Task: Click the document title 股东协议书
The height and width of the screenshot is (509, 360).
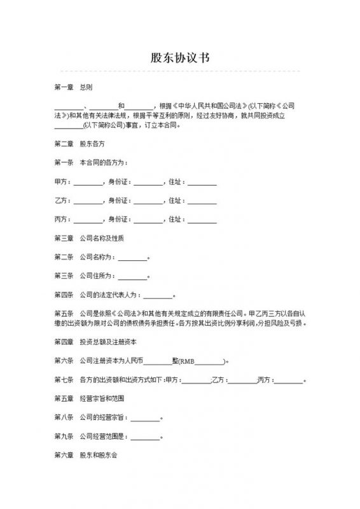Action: click(x=179, y=57)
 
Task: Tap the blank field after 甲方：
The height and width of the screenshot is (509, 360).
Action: click(x=88, y=183)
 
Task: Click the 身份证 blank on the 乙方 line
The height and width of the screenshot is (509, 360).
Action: click(x=148, y=202)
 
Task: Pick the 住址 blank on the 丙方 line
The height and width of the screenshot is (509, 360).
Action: click(x=202, y=220)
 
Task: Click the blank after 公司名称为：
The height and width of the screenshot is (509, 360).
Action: click(x=132, y=258)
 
